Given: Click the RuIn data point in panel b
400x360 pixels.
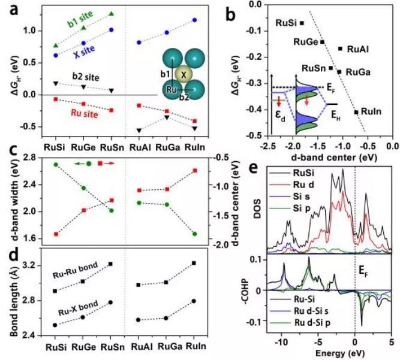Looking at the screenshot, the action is point(356,112).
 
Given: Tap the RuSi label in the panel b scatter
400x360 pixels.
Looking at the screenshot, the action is point(287,23).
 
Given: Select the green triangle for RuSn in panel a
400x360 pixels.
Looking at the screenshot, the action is point(111,14).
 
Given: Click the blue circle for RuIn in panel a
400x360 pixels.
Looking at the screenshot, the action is point(195,20).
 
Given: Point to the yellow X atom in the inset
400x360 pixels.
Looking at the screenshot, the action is point(184,75).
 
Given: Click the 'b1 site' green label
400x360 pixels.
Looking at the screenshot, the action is point(80,19).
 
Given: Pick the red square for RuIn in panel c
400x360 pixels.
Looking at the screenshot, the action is point(195,171).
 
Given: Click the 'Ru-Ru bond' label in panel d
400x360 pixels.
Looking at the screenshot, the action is point(75,271).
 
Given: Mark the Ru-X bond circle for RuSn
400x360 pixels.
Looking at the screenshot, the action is point(110,302).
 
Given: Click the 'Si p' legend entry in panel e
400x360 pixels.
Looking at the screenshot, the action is point(302,208).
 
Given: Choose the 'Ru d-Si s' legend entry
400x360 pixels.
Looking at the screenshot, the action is point(312,311).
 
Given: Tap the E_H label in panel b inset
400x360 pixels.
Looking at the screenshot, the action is point(336,116).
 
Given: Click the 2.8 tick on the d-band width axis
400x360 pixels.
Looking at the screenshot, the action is point(29,158).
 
